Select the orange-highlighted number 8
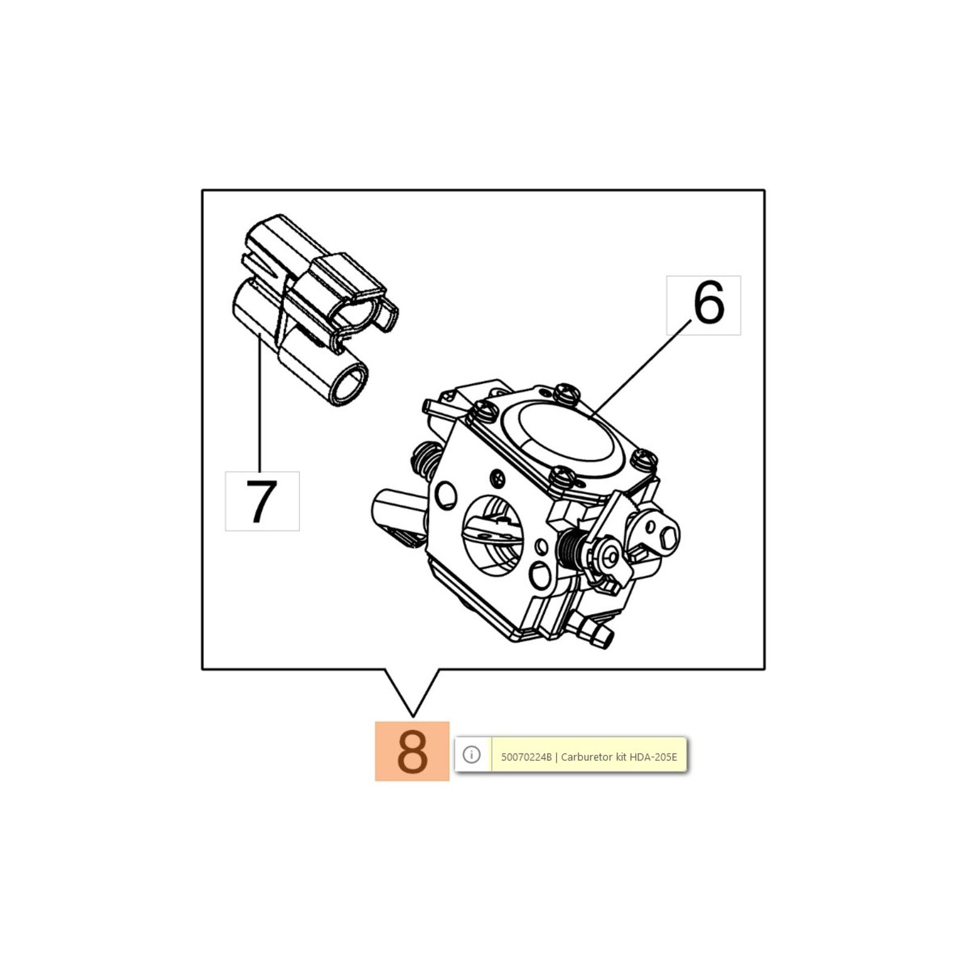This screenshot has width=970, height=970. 412,751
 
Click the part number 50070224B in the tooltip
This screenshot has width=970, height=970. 526,757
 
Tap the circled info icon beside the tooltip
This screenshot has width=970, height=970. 471,754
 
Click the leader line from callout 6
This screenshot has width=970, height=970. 641,369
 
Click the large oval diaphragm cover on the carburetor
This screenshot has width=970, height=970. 570,433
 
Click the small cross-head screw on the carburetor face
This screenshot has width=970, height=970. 499,478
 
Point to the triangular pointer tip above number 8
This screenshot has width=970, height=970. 412,715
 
